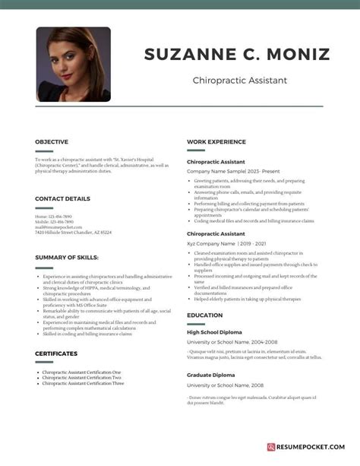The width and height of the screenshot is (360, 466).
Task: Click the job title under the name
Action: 238,80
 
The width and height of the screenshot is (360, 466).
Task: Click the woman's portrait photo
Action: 73,65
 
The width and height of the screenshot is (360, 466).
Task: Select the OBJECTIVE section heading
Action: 52,142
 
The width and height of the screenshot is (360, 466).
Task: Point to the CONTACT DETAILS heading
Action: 62,199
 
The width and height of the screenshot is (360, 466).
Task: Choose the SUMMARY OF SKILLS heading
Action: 66,258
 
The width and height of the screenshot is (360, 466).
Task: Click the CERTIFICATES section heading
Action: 56,353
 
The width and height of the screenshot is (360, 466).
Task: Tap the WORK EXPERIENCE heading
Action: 216,142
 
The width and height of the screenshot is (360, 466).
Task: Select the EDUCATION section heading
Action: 205,315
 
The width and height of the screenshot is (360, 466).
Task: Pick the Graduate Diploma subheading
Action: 211,375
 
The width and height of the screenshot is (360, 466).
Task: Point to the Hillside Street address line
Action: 73,233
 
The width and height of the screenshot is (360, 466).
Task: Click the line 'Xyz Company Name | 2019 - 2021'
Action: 229,243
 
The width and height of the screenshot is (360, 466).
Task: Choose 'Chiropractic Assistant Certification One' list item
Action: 81,372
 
